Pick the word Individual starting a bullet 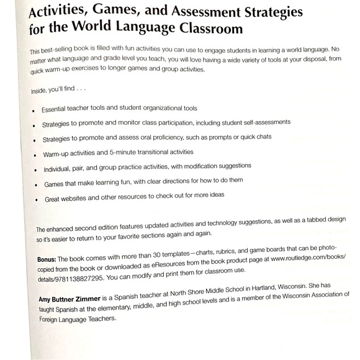pyautogui.click(x=61, y=168)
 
